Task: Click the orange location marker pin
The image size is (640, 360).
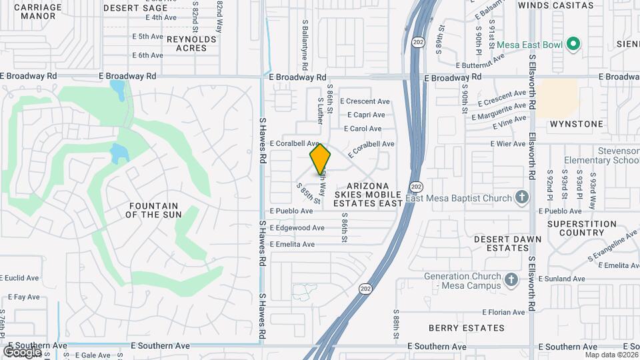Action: (321, 159)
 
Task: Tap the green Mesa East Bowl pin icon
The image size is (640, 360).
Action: (573, 45)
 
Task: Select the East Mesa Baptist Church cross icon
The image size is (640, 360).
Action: (522, 197)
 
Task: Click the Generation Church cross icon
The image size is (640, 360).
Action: (511, 279)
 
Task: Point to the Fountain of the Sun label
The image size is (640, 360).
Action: (152, 210)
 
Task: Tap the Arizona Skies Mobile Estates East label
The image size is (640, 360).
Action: (367, 194)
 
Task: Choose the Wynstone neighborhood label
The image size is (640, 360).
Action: (577, 124)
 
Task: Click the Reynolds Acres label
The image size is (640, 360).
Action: (191, 43)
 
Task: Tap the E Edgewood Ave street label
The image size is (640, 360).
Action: (297, 228)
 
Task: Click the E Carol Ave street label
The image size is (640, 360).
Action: (363, 129)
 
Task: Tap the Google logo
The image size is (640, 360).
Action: (22, 351)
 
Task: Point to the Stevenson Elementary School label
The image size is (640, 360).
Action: (601, 155)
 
